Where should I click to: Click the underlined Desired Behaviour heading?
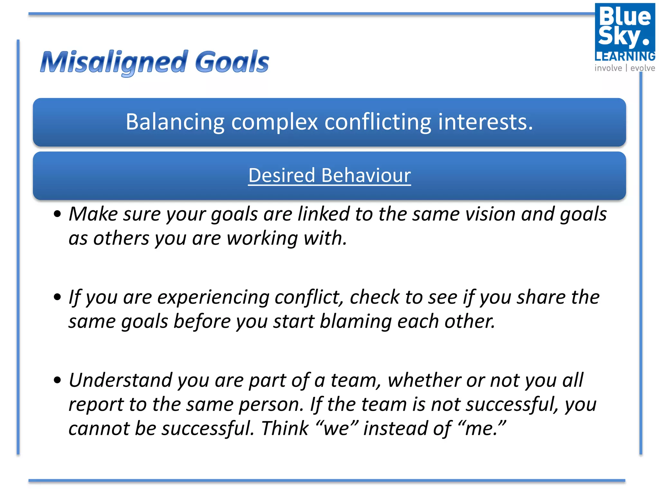click(x=329, y=176)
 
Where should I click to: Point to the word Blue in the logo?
click(x=625, y=17)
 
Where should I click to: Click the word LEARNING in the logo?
click(x=625, y=57)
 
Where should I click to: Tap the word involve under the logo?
click(x=608, y=68)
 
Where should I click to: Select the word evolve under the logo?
click(x=643, y=68)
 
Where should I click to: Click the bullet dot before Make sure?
click(x=57, y=214)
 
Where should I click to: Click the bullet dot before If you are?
click(x=57, y=297)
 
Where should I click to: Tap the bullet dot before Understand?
click(x=57, y=380)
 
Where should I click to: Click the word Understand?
click(x=121, y=380)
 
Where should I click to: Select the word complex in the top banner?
click(x=274, y=123)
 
